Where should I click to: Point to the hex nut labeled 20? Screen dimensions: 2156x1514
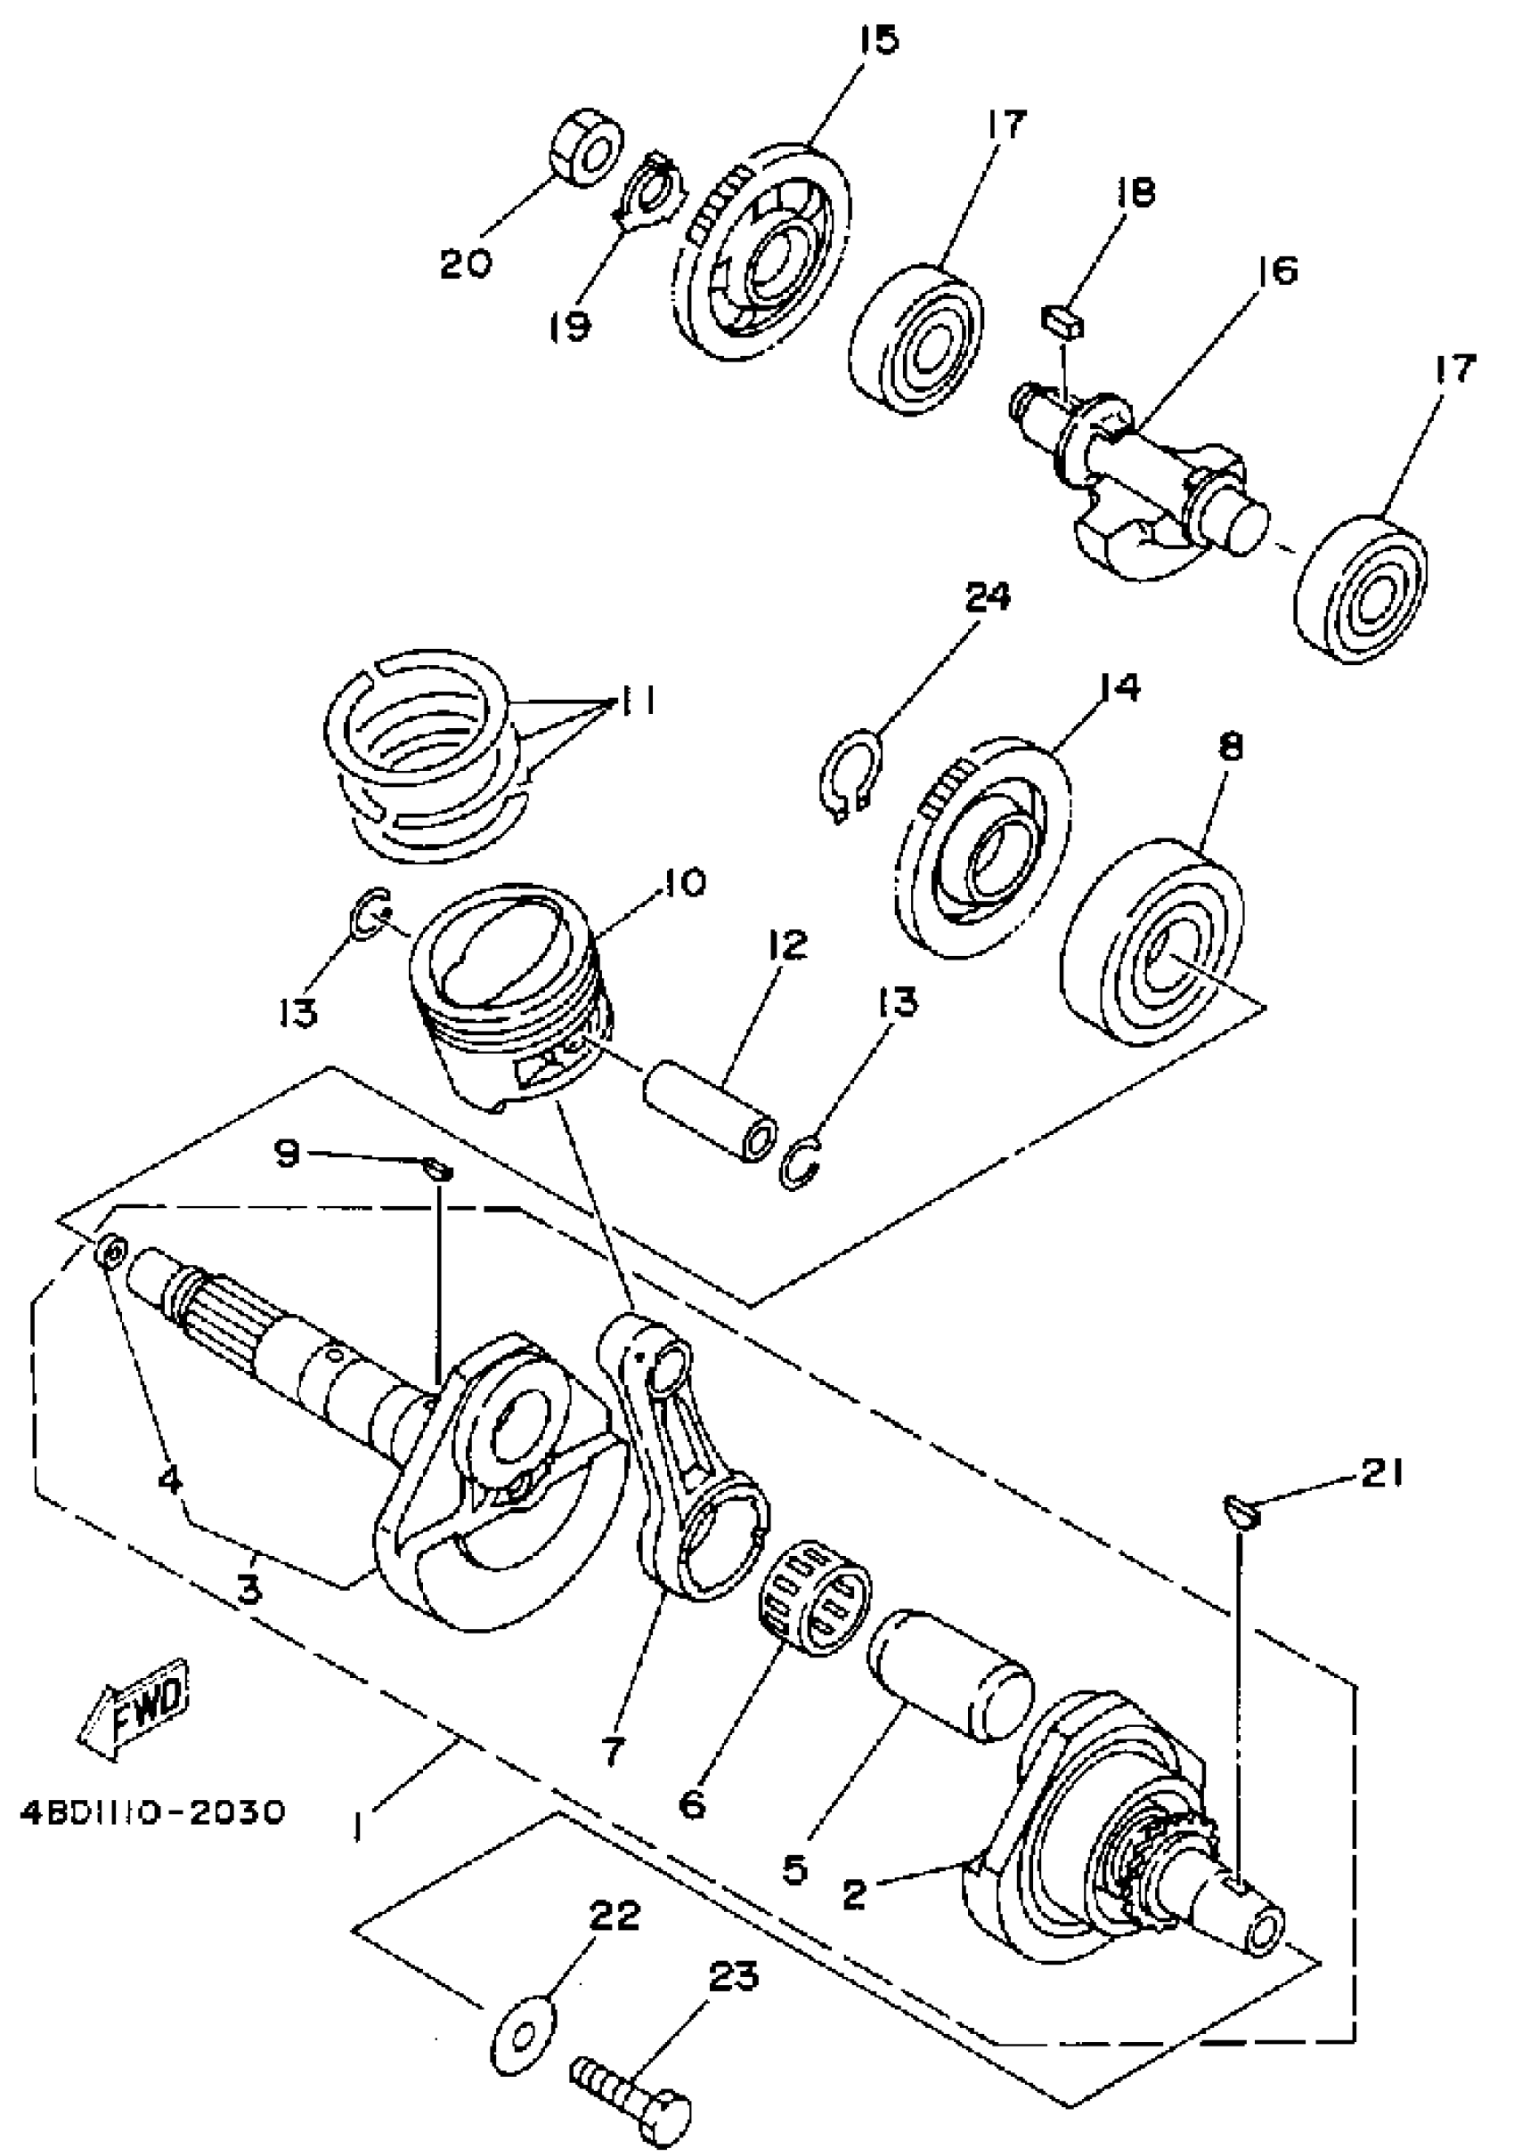tap(583, 148)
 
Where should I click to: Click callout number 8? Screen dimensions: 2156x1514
tap(1231, 748)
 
